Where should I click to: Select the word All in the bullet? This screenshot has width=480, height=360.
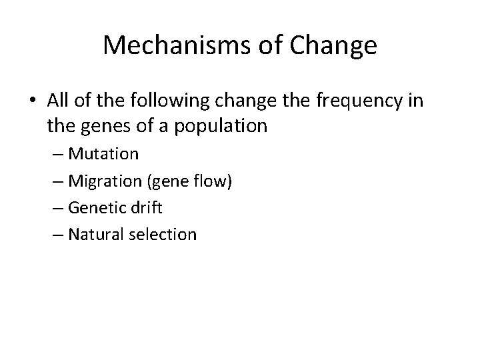(59, 100)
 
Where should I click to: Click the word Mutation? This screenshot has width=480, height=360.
(104, 154)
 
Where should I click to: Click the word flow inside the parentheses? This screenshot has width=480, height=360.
(212, 181)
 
